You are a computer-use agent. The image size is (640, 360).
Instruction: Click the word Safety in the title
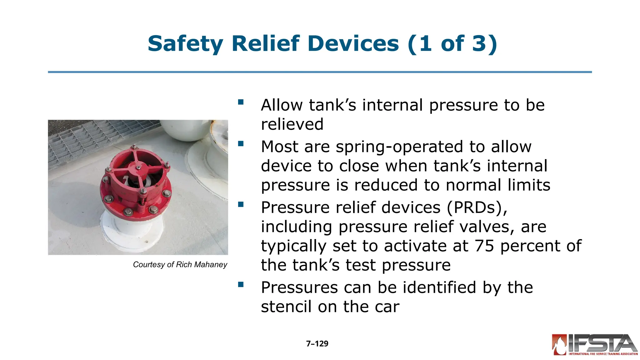185,44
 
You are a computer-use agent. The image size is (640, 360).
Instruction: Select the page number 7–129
317,344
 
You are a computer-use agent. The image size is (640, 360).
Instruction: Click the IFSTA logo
594,345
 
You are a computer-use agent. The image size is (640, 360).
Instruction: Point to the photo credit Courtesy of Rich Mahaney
180,265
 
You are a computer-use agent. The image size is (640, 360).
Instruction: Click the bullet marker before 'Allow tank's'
241,102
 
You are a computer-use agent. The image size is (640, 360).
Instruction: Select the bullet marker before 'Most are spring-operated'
241,144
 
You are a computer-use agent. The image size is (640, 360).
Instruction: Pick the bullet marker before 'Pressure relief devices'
241,205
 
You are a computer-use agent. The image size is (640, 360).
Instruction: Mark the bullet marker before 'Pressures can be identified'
241,284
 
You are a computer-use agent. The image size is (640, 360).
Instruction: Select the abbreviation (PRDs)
477,208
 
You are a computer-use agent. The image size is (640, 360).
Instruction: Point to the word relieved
292,124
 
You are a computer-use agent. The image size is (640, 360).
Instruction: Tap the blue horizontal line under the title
320,72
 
